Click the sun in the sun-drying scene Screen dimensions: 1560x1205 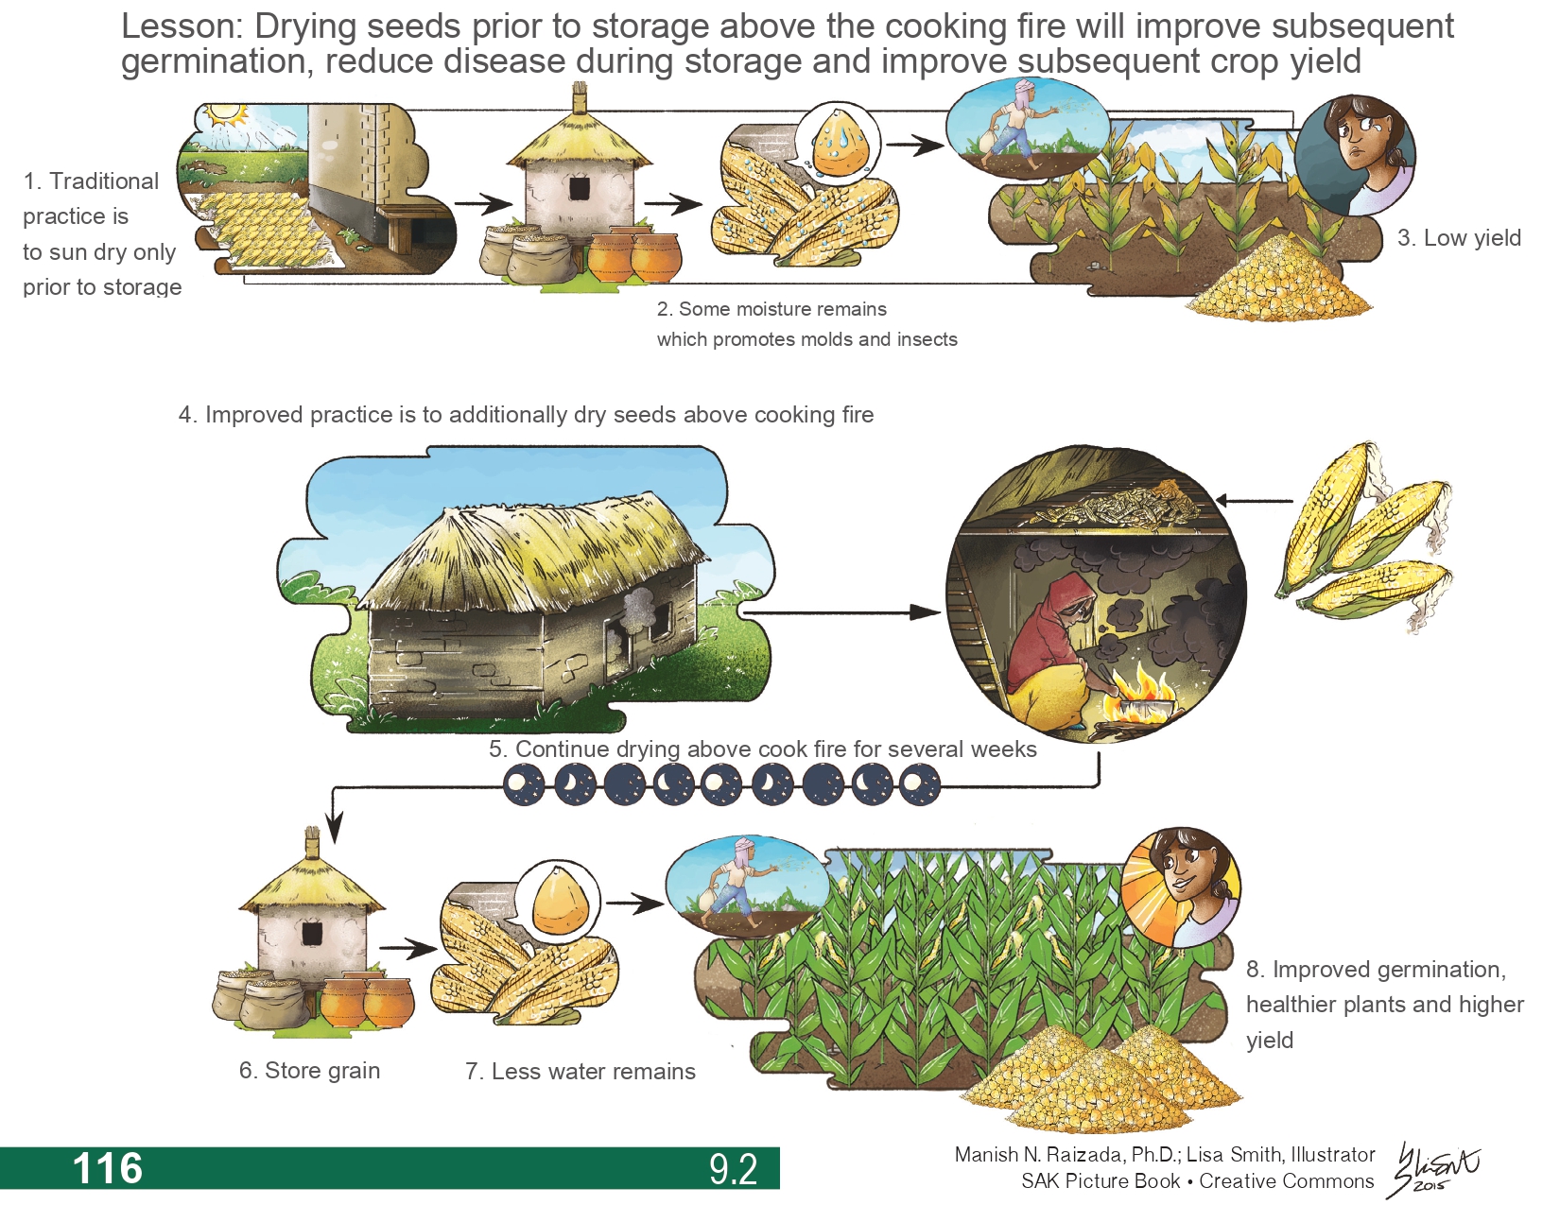225,115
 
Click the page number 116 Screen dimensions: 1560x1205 108,1168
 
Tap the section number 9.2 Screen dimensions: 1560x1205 733,1170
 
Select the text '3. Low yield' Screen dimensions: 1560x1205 1459,237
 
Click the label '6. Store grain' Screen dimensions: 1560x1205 309,1070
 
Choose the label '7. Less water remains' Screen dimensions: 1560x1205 581,1071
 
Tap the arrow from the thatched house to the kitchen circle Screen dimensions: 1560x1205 842,612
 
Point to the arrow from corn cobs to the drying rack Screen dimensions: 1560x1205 1254,501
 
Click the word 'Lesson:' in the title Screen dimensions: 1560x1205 181,27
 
